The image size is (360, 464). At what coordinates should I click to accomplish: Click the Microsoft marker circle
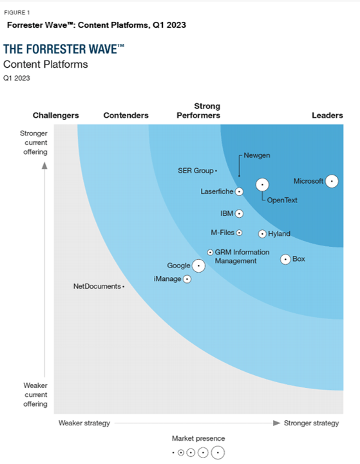(x=332, y=181)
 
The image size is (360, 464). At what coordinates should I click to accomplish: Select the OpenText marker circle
(x=262, y=184)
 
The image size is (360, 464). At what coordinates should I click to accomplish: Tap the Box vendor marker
(x=285, y=259)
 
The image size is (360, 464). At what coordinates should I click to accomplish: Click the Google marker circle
(x=198, y=265)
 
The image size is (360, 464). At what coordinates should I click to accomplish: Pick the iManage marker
(x=187, y=279)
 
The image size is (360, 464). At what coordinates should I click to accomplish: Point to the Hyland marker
(x=262, y=234)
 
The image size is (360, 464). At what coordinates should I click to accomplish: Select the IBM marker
(x=239, y=213)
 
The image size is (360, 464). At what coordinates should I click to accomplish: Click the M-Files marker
(x=239, y=233)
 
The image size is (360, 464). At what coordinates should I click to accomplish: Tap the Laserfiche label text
(x=217, y=191)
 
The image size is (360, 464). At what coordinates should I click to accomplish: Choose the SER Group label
(x=196, y=171)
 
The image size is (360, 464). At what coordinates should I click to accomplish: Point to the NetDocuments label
(x=97, y=286)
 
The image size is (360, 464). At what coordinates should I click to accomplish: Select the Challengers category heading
(x=56, y=115)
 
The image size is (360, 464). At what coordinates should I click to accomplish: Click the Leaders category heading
(x=327, y=115)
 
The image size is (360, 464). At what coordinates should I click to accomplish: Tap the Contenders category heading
(x=126, y=115)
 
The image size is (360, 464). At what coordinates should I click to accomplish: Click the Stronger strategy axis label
(x=312, y=423)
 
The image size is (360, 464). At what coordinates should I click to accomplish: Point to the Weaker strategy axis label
(x=84, y=423)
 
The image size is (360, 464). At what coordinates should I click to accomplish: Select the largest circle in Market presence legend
(x=218, y=452)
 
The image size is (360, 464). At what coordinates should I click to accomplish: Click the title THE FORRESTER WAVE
(x=64, y=50)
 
